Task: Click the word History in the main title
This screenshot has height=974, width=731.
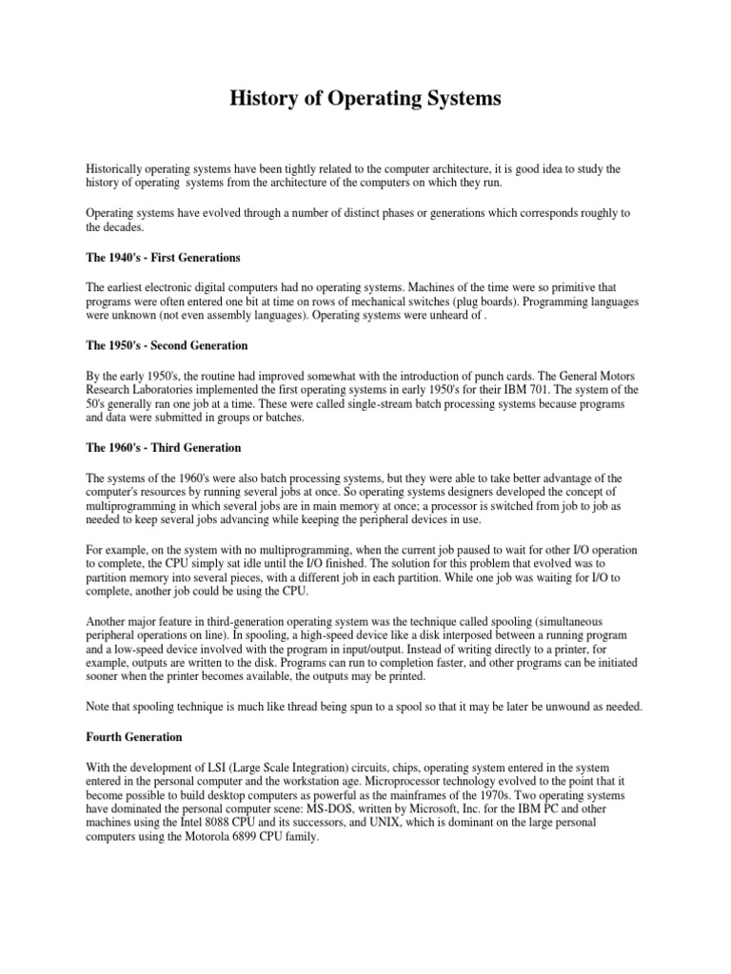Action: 263,98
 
